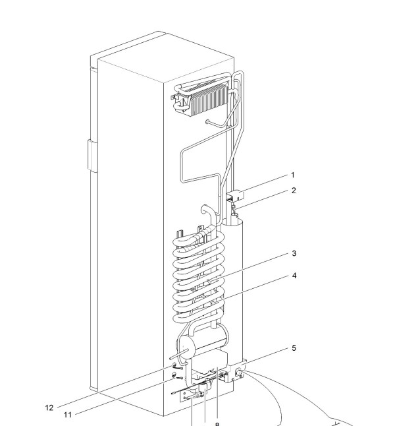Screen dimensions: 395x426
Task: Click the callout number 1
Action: pos(293,175)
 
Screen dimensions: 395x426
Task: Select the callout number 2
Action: pos(294,191)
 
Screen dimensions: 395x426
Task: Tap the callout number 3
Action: pos(294,253)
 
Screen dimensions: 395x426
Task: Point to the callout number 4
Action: pos(294,276)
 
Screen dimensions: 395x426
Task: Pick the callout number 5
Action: pos(294,348)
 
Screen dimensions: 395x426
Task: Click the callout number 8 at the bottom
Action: pos(217,424)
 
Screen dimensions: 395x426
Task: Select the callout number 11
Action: pos(68,415)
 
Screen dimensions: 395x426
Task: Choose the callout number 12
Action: pos(49,408)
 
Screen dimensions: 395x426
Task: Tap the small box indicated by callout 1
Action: pos(235,195)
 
